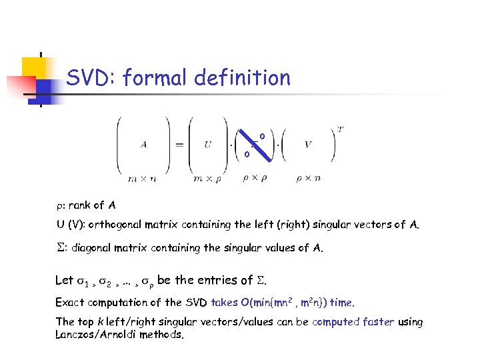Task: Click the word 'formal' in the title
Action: pyautogui.click(x=156, y=79)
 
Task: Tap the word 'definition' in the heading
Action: pyautogui.click(x=243, y=79)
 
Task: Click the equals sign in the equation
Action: pyautogui.click(x=179, y=145)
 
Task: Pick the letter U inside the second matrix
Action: pyautogui.click(x=209, y=145)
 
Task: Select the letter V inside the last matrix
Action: pyautogui.click(x=309, y=145)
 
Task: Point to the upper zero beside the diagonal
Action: pyautogui.click(x=262, y=137)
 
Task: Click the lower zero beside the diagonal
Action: pyautogui.click(x=246, y=154)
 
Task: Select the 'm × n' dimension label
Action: pyautogui.click(x=144, y=178)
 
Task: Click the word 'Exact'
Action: pyautogui.click(x=70, y=303)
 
